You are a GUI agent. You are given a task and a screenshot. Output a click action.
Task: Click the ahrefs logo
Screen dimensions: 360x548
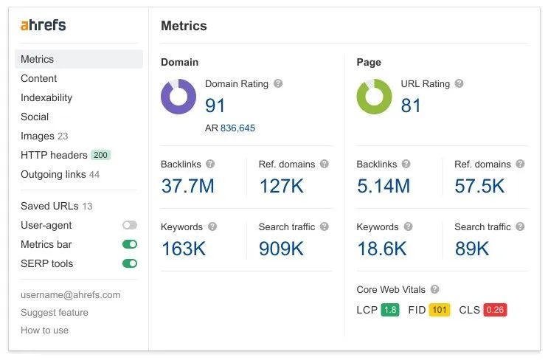click(43, 25)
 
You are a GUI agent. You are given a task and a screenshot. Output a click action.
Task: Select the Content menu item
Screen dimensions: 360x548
click(38, 78)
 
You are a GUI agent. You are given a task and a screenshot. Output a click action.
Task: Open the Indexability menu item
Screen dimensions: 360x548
click(46, 97)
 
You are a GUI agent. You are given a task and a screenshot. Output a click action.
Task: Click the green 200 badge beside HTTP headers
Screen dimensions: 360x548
click(100, 155)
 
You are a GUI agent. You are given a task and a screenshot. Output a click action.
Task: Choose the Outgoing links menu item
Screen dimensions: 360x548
click(53, 174)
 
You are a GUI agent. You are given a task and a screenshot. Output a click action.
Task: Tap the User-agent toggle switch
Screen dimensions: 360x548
click(130, 225)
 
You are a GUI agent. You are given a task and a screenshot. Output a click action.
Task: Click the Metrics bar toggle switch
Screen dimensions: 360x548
click(130, 244)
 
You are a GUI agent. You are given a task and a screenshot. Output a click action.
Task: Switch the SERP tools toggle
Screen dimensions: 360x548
click(130, 263)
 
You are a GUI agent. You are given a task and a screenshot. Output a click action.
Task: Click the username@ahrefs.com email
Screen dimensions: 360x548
click(70, 294)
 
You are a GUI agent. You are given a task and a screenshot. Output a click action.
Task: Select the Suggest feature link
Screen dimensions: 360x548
click(54, 312)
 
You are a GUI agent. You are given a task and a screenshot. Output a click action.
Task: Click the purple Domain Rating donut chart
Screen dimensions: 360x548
click(178, 97)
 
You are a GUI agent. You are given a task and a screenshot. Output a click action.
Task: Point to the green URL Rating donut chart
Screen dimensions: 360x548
click(374, 97)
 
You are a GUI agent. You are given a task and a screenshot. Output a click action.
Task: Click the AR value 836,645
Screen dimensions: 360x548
click(237, 128)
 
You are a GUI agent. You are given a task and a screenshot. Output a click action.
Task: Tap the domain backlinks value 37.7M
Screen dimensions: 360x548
click(187, 186)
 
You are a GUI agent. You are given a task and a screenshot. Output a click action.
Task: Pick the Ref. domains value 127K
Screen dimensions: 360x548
click(281, 186)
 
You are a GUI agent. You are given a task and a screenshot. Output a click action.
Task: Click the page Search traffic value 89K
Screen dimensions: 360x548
click(471, 249)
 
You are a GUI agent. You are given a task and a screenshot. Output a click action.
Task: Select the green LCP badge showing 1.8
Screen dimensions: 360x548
click(389, 310)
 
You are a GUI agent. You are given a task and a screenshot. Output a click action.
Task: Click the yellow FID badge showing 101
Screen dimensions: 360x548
click(440, 310)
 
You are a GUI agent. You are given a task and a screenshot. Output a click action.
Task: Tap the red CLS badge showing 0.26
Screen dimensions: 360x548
click(495, 310)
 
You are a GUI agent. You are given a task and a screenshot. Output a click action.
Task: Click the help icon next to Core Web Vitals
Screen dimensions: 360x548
click(434, 290)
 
